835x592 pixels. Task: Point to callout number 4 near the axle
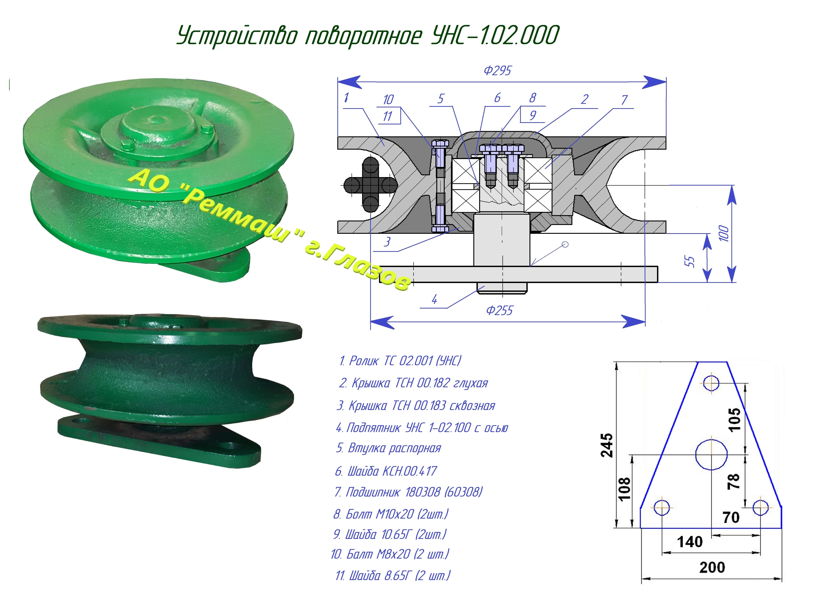click(x=434, y=300)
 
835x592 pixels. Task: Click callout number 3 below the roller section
click(x=387, y=242)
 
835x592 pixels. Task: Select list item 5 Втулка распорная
click(x=389, y=448)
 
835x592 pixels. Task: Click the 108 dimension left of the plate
click(x=624, y=488)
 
